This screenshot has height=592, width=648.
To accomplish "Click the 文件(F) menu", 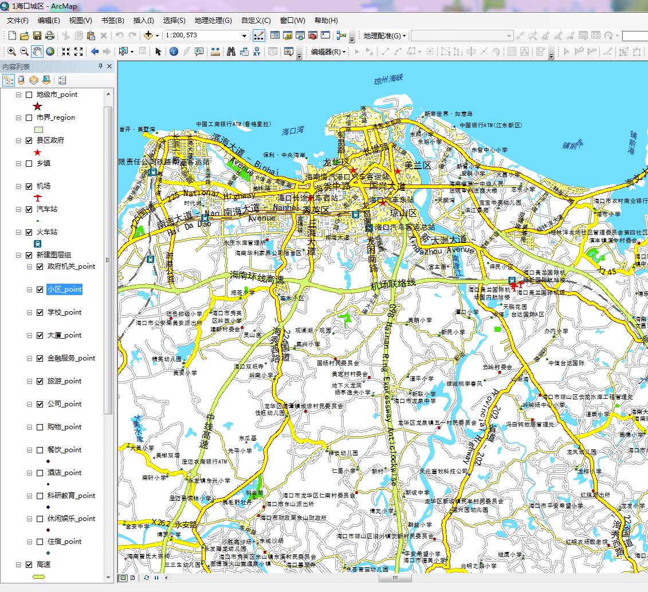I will coord(18,21).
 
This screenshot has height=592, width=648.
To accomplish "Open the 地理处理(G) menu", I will coord(213,21).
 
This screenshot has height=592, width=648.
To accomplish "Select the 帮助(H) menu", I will coord(326,21).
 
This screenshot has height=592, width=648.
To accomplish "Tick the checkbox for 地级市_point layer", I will coord(29,95).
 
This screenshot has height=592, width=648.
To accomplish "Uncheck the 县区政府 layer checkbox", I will coord(29,140).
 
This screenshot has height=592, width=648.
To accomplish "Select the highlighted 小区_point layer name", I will coord(64,289).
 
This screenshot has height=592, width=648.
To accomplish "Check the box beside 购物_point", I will coord(40,427).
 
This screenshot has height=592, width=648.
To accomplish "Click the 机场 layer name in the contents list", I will coord(44,186).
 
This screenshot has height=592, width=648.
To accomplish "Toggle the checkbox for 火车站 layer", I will coord(29,232).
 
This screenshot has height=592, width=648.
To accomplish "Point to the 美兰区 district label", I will coord(417,165).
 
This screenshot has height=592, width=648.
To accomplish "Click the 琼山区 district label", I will coord(404,213).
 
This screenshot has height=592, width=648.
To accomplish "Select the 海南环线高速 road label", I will coord(256,277).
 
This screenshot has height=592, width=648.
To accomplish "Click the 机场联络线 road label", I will coord(392,284).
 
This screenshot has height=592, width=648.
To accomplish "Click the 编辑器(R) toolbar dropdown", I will coord(328,52).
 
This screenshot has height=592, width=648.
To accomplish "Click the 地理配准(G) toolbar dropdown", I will coord(384,36).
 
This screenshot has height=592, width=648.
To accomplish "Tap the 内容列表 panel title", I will coord(16,66).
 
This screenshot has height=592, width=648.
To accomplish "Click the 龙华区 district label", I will coord(336,162).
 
